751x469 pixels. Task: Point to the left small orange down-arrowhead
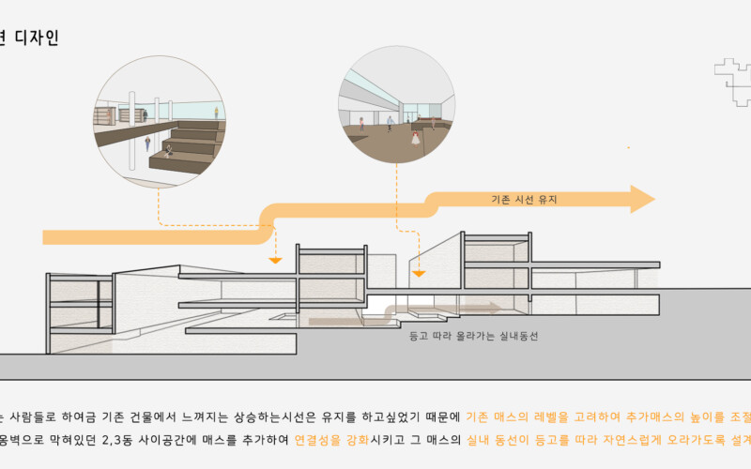(x=275, y=258)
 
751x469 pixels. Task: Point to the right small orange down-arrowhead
(x=420, y=273)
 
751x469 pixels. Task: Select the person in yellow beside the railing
(x=216, y=113)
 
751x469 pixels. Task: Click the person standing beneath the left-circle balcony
(x=147, y=143)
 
